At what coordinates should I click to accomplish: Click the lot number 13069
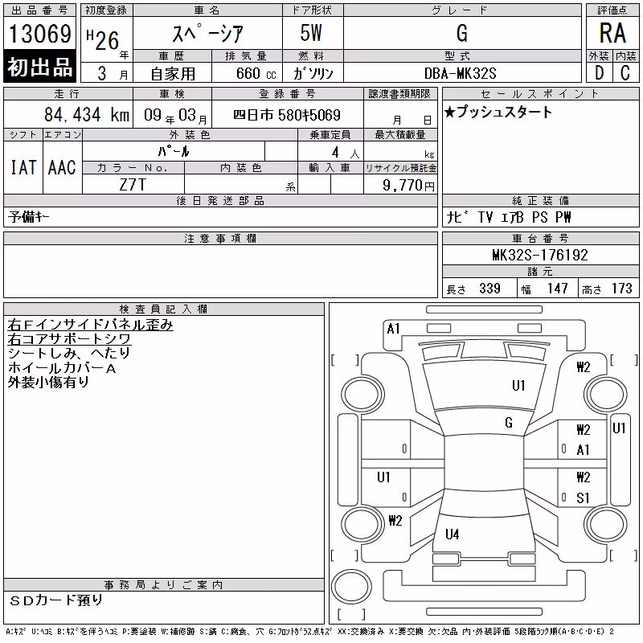pyautogui.click(x=40, y=34)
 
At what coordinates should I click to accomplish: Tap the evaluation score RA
pyautogui.click(x=612, y=33)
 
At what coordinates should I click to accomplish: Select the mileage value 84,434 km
pyautogui.click(x=87, y=115)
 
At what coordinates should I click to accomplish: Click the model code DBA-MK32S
pyautogui.click(x=460, y=73)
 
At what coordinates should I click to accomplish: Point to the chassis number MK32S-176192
pyautogui.click(x=540, y=255)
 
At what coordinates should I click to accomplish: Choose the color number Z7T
pyautogui.click(x=133, y=185)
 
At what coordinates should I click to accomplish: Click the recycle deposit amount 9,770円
pyautogui.click(x=408, y=185)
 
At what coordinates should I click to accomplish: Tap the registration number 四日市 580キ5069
pyautogui.click(x=287, y=115)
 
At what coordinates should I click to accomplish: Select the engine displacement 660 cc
pyautogui.click(x=256, y=73)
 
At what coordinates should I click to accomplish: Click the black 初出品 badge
pyautogui.click(x=39, y=67)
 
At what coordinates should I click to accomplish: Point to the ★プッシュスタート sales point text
pyautogui.click(x=498, y=112)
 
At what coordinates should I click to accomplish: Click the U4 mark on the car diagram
pyautogui.click(x=453, y=534)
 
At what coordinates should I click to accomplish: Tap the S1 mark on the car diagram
pyautogui.click(x=583, y=498)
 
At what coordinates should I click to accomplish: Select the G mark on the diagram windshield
pyautogui.click(x=509, y=423)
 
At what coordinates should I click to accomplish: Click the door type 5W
pyautogui.click(x=311, y=33)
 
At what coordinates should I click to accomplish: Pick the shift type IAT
pyautogui.click(x=23, y=167)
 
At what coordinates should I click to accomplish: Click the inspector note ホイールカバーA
pyautogui.click(x=62, y=368)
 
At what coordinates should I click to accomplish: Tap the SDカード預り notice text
pyautogui.click(x=56, y=600)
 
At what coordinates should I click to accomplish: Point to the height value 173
pyautogui.click(x=621, y=289)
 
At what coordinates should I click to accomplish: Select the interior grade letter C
pyautogui.click(x=625, y=73)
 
